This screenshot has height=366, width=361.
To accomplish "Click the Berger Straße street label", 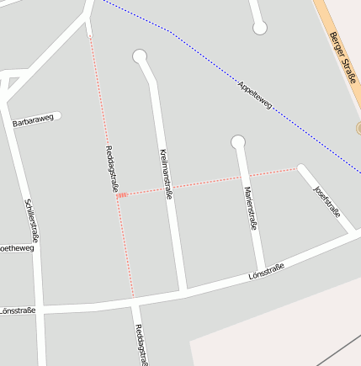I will pos(343,58).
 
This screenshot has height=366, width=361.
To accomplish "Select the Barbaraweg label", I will pos(34,120).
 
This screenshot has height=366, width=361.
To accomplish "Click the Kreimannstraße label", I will pos(166,173).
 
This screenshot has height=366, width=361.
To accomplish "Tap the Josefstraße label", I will pos(328,200).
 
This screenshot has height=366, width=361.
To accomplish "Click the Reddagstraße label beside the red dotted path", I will pos(110,169).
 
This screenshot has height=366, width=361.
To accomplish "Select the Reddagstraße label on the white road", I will pos(141,345).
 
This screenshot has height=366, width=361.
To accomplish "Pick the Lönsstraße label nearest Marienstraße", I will pos(267,271).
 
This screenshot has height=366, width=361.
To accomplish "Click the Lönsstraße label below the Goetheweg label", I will pos(19,310).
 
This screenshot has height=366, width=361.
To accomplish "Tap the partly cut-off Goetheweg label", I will pos(17,248).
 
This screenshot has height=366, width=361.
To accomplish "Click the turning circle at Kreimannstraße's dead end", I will pos(140,57).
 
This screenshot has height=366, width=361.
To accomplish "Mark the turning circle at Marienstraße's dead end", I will pos(238,142).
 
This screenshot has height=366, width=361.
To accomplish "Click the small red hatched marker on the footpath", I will pos(122,195).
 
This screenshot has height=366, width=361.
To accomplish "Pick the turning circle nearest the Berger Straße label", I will pos(260,29).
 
